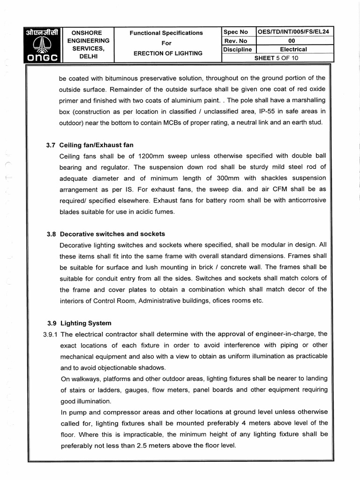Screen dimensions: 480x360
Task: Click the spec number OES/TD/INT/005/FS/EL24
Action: pyautogui.click(x=295, y=32)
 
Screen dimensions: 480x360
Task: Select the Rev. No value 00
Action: pyautogui.click(x=294, y=41)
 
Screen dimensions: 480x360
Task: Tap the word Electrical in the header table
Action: pyautogui.click(x=294, y=49)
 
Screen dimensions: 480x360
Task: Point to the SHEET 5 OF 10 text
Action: pyautogui.click(x=276, y=58)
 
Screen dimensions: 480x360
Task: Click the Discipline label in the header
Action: pyautogui.click(x=238, y=49)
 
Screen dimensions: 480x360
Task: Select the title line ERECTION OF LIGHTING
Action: pyautogui.click(x=168, y=53)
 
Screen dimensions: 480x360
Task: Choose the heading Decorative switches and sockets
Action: pyautogui.click(x=112, y=233)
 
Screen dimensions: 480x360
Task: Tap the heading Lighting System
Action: pyautogui.click(x=86, y=323)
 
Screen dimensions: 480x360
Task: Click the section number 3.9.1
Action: pyautogui.click(x=50, y=334)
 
